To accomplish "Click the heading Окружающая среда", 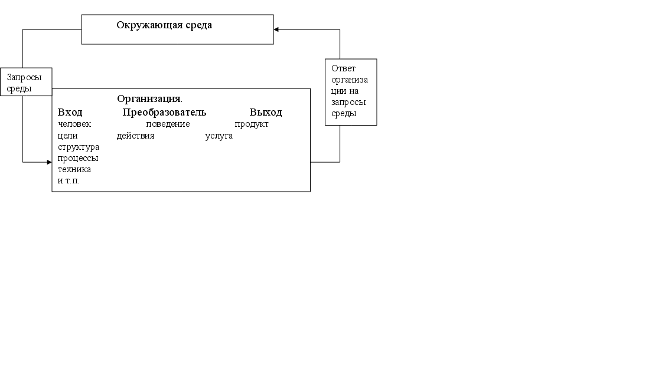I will [x=164, y=25].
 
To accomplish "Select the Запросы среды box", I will [x=25, y=82].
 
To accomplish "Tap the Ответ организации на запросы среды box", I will [x=351, y=91].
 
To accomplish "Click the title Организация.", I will [x=149, y=98].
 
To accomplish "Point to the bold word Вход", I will [x=70, y=113].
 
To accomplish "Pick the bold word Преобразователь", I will [x=164, y=113].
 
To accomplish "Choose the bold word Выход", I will [x=266, y=113].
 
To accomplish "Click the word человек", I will [x=74, y=124].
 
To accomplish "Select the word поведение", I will [x=168, y=124].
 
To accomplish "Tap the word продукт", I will [x=252, y=124].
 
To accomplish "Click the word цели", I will [x=68, y=136].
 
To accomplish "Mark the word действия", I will [x=135, y=136].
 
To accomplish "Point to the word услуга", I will [x=219, y=136].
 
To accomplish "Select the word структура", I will [x=79, y=147].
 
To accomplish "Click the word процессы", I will [x=78, y=158].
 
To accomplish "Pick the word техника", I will [x=74, y=169].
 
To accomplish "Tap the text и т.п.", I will [x=69, y=180].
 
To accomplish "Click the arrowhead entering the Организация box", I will [x=49, y=162].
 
